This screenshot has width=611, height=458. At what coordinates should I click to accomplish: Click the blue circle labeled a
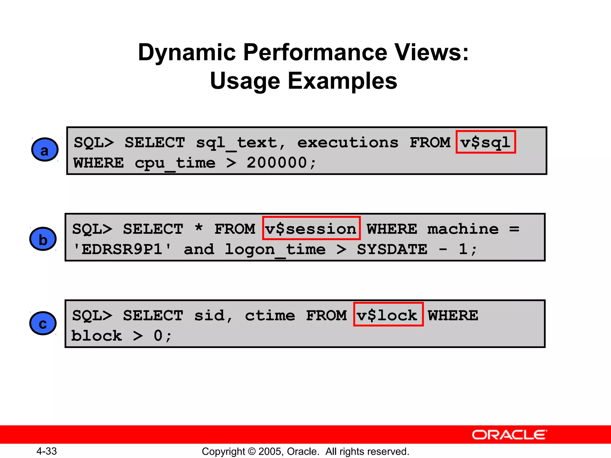(x=45, y=150)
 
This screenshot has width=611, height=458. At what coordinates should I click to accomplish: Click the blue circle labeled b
(x=43, y=239)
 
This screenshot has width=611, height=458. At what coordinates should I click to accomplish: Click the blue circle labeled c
(x=43, y=324)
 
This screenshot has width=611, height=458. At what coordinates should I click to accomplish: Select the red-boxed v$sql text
(x=486, y=142)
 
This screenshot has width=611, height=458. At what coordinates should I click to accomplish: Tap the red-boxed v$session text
(x=311, y=229)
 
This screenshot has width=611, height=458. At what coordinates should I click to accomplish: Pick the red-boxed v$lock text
(x=388, y=315)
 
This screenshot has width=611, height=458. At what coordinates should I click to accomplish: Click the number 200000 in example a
(x=277, y=163)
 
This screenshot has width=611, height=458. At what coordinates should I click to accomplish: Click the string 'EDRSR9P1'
(x=122, y=249)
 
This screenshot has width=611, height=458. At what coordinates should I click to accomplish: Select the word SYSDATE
(x=392, y=249)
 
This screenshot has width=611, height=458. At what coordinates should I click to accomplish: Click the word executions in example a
(x=348, y=143)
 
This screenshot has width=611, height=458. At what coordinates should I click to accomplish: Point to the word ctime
(x=270, y=315)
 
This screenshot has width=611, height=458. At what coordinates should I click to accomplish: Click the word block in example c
(x=97, y=336)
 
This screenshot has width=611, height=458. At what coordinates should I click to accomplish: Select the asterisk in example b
(x=199, y=228)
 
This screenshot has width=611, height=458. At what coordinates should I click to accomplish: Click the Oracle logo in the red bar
(x=509, y=435)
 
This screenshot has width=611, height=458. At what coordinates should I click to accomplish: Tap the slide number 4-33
(x=47, y=451)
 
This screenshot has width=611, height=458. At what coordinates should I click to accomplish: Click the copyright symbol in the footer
(x=252, y=451)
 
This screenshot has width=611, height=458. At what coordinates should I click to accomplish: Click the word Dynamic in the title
(x=187, y=52)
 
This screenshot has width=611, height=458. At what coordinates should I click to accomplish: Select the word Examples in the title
(x=342, y=81)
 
